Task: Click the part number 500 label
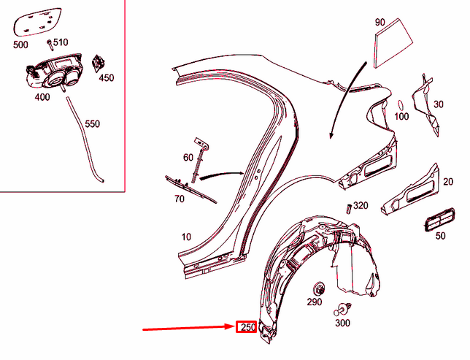[21, 45]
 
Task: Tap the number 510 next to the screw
[61, 42]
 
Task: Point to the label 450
[107, 77]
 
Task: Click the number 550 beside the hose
[93, 124]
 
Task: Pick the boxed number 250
[248, 327]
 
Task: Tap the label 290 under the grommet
[314, 302]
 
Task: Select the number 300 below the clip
[342, 322]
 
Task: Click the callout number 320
[361, 206]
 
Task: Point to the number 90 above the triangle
[380, 23]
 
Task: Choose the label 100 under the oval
[402, 115]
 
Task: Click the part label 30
[438, 104]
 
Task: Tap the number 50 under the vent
[440, 236]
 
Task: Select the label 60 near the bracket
[188, 156]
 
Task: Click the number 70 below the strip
[179, 197]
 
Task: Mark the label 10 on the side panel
[187, 237]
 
